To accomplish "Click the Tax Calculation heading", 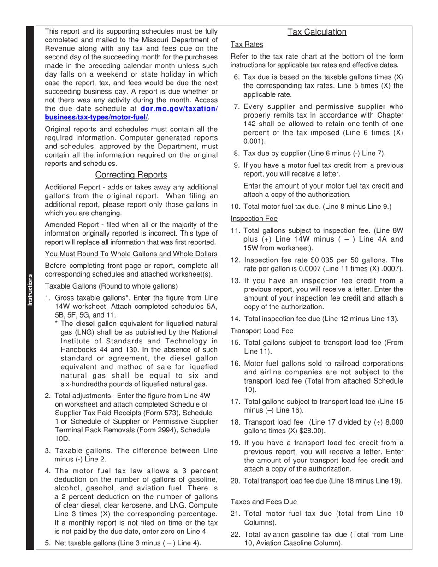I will tap(317, 32).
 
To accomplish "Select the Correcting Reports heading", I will tap(131, 175).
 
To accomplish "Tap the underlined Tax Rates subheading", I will tap(247, 44).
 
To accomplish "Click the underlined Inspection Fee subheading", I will tap(254, 218).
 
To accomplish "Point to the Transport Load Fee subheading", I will tap(261, 331).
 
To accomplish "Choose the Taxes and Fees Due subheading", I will tap(264, 502).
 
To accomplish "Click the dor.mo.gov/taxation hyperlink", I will tap(178, 109).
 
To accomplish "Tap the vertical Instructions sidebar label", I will tap(30, 289).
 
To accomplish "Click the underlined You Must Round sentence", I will tap(131, 254).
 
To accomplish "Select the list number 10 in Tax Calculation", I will tap(235, 207).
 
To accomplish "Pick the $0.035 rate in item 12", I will tap(314, 260).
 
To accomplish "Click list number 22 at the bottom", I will tap(235, 534).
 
